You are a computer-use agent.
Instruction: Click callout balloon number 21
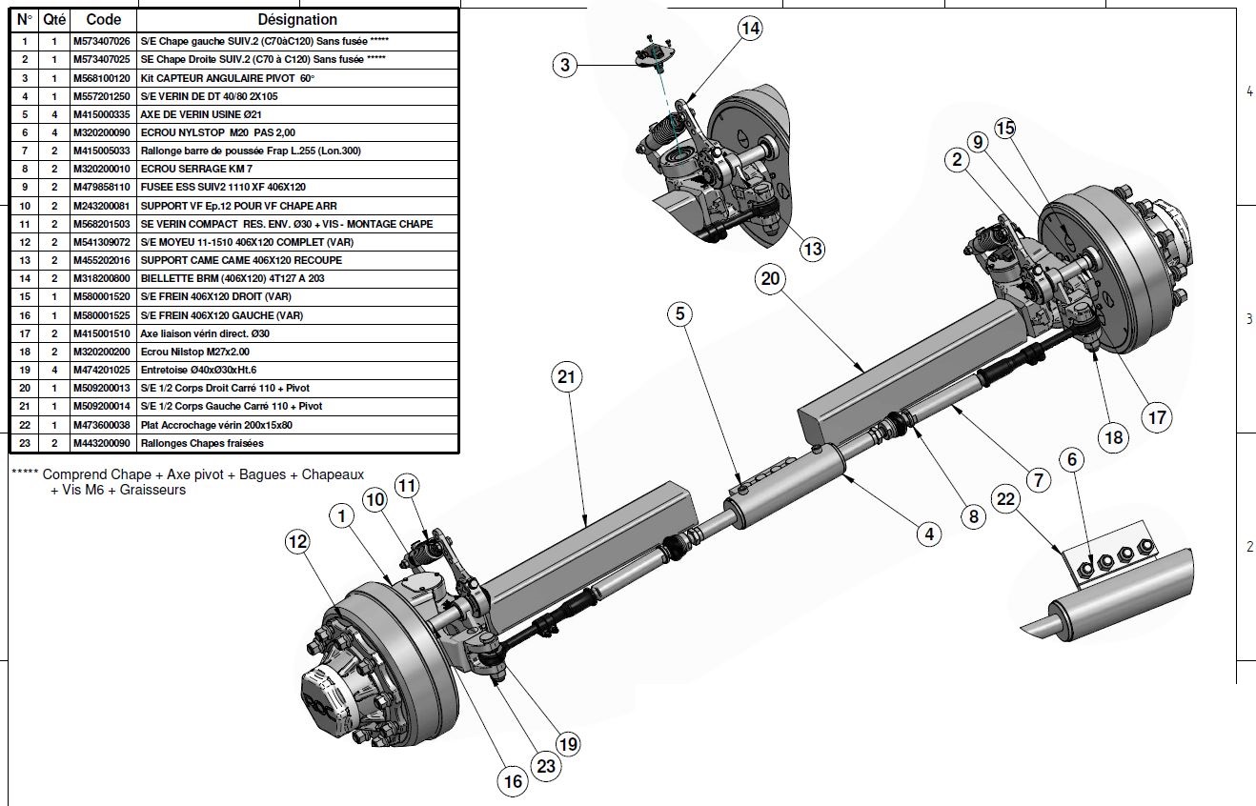[568, 377]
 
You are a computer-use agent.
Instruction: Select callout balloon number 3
[565, 65]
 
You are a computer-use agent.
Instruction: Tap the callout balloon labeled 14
[750, 29]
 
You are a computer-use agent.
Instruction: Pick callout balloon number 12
[298, 542]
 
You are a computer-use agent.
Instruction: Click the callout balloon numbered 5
[679, 312]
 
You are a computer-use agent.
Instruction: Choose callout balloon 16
[513, 781]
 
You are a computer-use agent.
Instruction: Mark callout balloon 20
[770, 278]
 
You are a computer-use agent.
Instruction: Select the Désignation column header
[297, 19]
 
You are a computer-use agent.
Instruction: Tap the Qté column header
[54, 19]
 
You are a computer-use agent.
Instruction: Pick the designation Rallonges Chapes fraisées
[201, 443]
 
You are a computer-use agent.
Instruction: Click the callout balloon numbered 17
[1157, 417]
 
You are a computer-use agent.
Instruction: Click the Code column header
[103, 19]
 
